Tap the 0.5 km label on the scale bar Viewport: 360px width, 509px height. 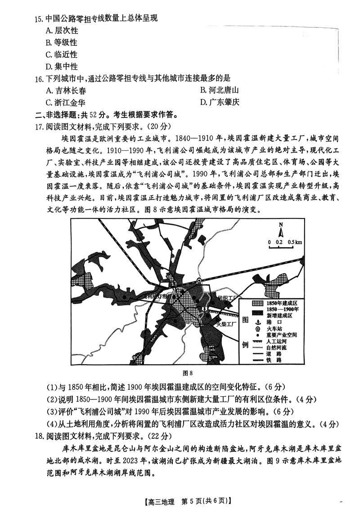coord(295,242)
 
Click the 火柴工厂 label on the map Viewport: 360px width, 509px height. coord(224,323)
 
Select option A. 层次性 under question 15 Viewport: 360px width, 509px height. coord(62,31)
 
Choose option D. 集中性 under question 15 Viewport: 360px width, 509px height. coord(62,67)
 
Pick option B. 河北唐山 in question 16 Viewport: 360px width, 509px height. coord(219,90)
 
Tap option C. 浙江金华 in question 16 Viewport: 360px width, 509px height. coord(66,102)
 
